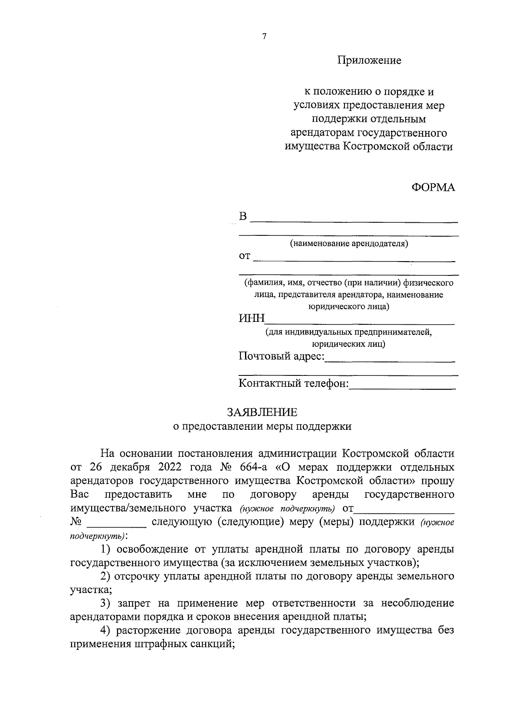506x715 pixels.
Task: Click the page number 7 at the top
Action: [264, 37]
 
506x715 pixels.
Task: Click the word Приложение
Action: [369, 61]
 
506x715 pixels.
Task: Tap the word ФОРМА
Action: [433, 188]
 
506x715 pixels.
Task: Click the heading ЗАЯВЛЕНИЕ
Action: [262, 412]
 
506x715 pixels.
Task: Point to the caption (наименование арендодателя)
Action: [349, 244]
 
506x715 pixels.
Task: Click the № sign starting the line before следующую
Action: [76, 522]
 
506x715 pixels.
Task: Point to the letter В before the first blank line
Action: [243, 217]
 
